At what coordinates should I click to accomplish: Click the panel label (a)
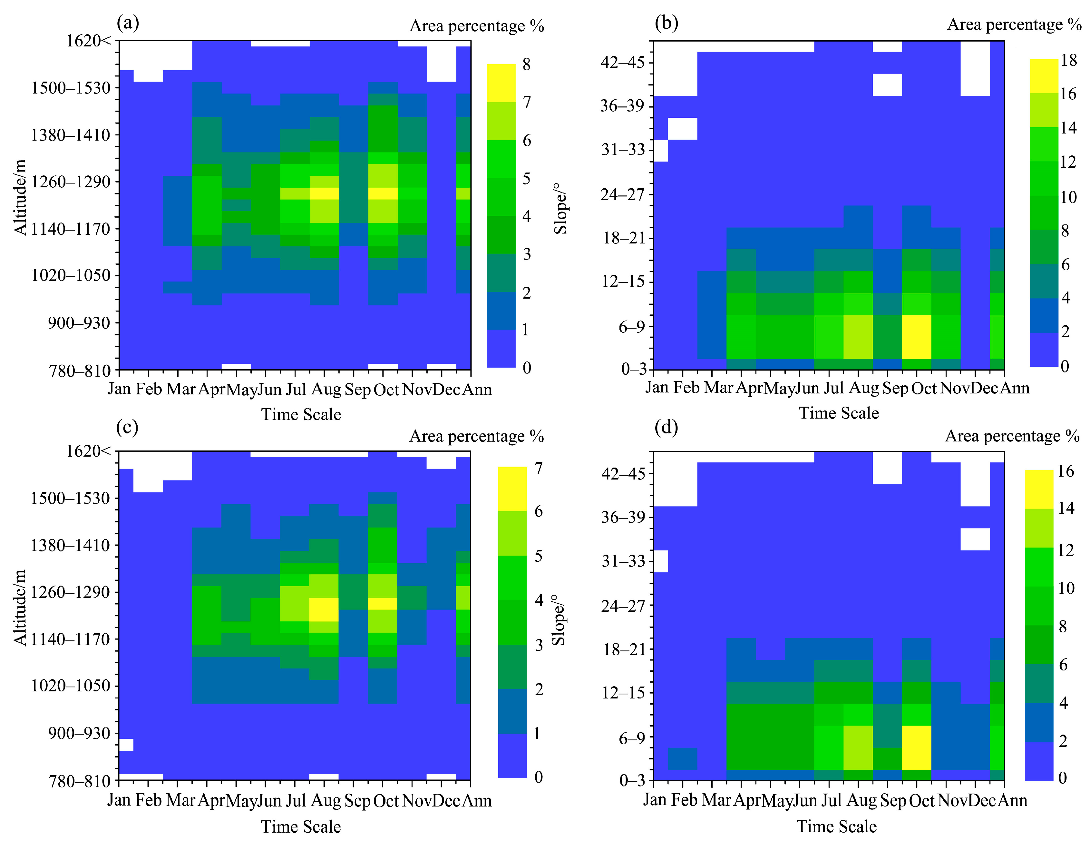click(x=127, y=23)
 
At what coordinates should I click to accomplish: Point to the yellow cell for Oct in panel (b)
click(x=916, y=337)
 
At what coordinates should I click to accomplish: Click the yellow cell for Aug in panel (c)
click(x=323, y=609)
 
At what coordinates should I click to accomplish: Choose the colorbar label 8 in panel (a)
click(x=527, y=64)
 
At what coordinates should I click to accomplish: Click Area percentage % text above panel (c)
click(x=476, y=436)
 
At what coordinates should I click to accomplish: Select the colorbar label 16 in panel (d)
click(x=1066, y=471)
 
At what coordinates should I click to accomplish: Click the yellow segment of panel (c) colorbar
click(x=512, y=489)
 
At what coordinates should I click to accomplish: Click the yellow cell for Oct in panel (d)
click(x=916, y=747)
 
